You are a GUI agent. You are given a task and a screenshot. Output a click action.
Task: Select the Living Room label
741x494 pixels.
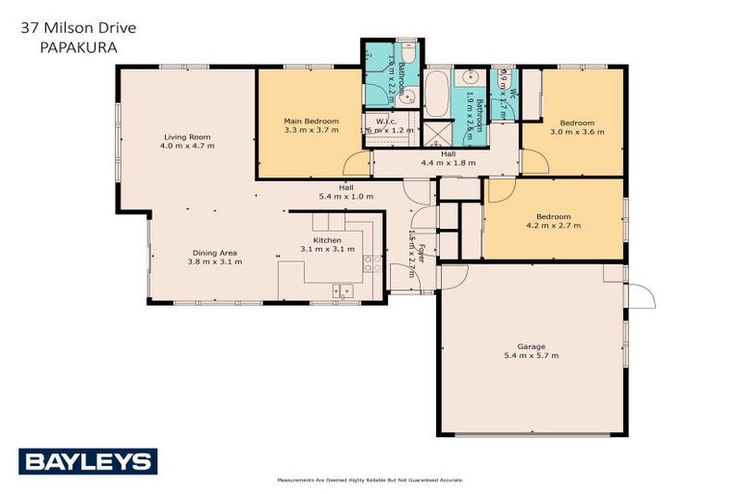point(187,138)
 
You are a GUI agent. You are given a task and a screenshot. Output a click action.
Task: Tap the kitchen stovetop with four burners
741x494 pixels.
point(368,253)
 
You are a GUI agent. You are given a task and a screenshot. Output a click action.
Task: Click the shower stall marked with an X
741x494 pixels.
point(439,134)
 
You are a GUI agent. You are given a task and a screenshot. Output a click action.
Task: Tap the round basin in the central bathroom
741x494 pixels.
point(473,77)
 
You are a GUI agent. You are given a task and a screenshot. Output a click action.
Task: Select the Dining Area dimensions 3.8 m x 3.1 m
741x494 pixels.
point(212,261)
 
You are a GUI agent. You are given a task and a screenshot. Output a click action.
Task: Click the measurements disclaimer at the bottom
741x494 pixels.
point(370,480)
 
